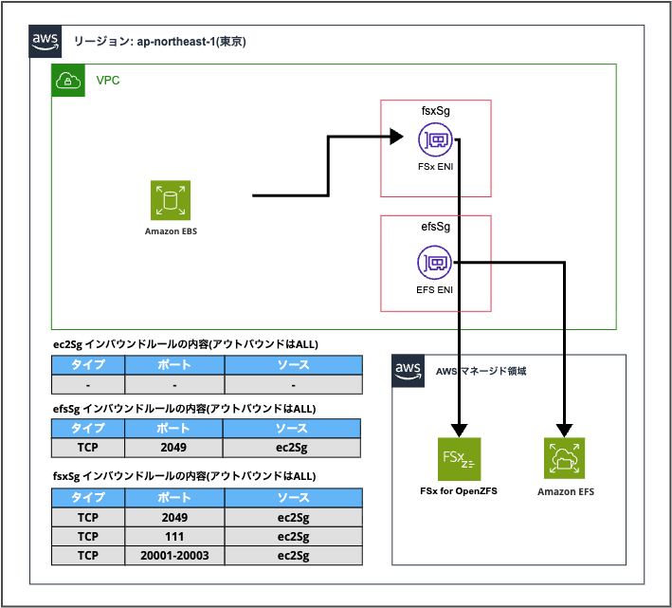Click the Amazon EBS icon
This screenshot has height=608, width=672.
point(171,200)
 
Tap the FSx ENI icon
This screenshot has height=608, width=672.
point(435,141)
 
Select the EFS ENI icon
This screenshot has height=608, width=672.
point(435,262)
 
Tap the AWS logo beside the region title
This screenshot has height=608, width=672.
point(46,41)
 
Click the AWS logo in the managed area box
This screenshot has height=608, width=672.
point(408,370)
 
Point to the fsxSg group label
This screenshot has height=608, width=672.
point(435,111)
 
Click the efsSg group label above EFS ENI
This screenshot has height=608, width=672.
point(435,228)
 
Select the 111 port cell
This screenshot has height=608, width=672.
point(174,536)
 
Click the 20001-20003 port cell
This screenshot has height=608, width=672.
point(174,555)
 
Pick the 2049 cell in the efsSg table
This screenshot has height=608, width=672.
point(174,447)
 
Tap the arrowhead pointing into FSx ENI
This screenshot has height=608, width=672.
point(398,138)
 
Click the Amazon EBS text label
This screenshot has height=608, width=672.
point(171,230)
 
